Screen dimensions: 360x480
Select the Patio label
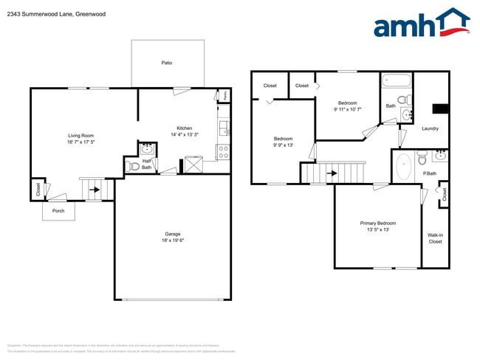pos(167,63)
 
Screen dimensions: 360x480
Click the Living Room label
pos(80,135)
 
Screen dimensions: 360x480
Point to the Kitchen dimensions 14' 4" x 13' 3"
pos(184,135)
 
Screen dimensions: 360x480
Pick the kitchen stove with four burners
pos(222,153)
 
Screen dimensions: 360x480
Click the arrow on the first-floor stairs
pos(95,190)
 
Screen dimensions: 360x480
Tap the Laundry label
pos(430,128)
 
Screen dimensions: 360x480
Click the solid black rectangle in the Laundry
pos(440,109)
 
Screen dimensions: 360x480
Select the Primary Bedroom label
pos(377,223)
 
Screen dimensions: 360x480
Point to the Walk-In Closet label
pos(435,238)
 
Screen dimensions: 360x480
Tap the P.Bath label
pos(430,173)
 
